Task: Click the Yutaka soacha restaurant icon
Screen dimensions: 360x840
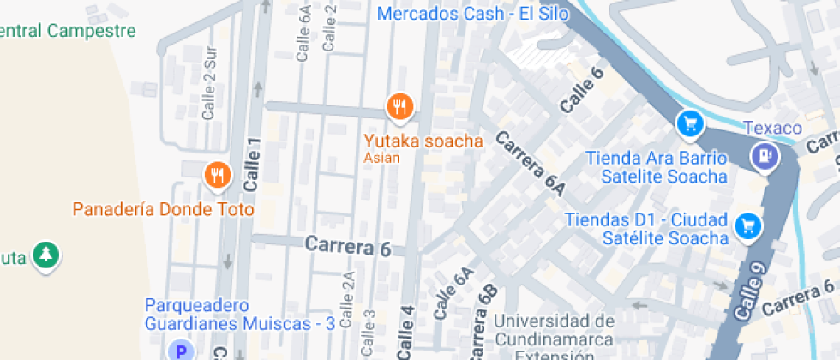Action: (399, 106)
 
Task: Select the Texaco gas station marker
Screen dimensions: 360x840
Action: (763, 155)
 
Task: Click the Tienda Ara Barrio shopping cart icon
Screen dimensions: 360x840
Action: (689, 124)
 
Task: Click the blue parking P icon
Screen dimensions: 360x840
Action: (181, 350)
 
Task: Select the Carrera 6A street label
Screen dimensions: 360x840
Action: (530, 164)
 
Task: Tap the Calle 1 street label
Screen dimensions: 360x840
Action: (251, 165)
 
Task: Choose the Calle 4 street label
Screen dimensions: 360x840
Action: (406, 332)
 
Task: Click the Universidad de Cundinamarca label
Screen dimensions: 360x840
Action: (554, 330)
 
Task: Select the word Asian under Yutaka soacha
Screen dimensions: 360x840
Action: (381, 158)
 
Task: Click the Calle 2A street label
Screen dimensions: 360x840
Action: (347, 300)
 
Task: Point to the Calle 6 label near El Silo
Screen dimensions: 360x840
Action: (581, 90)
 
